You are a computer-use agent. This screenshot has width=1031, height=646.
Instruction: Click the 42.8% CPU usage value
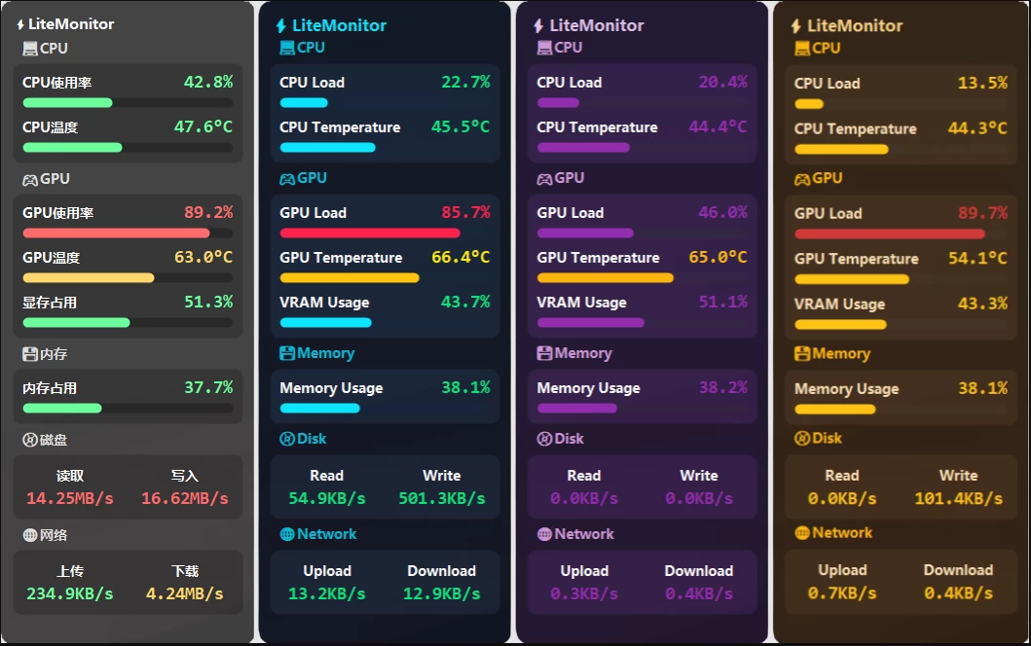(207, 83)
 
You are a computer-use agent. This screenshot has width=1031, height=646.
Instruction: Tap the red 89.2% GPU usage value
(207, 213)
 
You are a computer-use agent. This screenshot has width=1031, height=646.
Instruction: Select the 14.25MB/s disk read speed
(70, 498)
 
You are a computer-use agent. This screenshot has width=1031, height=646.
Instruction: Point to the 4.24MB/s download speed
(185, 593)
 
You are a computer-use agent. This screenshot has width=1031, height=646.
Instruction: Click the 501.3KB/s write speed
(441, 498)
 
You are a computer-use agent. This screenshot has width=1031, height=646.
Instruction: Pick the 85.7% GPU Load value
(465, 213)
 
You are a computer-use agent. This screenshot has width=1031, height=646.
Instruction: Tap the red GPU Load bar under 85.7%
(370, 233)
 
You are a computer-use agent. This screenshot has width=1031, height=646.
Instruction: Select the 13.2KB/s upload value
(327, 593)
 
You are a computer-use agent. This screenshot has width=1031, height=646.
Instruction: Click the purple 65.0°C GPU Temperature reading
(718, 258)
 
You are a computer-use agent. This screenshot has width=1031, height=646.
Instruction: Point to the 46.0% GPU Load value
(722, 213)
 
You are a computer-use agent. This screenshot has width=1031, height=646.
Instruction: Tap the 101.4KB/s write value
(958, 498)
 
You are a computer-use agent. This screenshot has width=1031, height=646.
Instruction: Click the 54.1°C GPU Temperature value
(977, 259)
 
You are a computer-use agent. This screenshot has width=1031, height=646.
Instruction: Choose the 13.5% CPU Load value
(982, 84)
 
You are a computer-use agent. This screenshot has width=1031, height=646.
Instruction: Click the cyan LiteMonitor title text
(339, 26)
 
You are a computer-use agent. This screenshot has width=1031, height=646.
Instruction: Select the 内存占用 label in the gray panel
(50, 388)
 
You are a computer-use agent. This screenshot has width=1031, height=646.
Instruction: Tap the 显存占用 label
(50, 303)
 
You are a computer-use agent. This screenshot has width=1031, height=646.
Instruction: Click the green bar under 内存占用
(62, 409)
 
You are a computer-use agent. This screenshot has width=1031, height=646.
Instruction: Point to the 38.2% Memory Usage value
(722, 388)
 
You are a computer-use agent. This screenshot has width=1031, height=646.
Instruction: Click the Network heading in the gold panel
(842, 533)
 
